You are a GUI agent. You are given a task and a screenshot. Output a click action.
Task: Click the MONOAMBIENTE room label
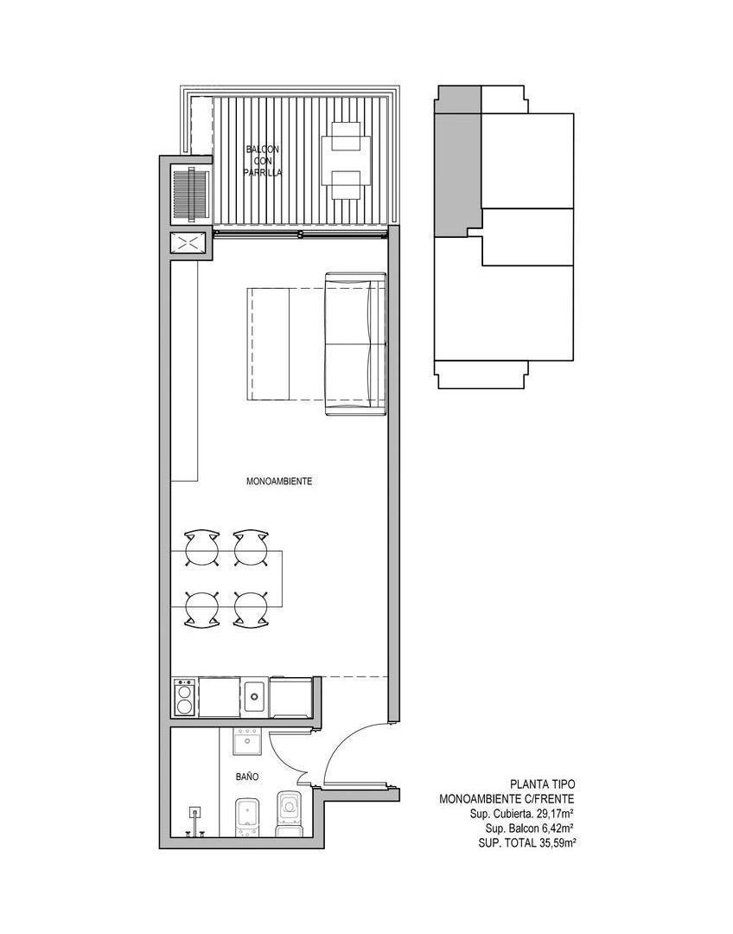coord(278,482)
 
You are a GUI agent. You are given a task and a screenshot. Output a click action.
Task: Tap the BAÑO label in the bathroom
coord(246,777)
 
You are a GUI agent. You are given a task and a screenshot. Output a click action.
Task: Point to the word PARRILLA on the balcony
coord(262,173)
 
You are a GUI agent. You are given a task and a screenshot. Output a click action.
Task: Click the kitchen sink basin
coord(257,695)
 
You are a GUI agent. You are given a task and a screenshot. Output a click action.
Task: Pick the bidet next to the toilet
coord(246,817)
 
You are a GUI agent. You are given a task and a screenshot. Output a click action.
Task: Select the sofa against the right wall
coord(355,343)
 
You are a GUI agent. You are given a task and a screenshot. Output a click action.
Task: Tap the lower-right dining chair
coord(249,610)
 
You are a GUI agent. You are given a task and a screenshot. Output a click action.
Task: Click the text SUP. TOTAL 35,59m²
coord(526,843)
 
